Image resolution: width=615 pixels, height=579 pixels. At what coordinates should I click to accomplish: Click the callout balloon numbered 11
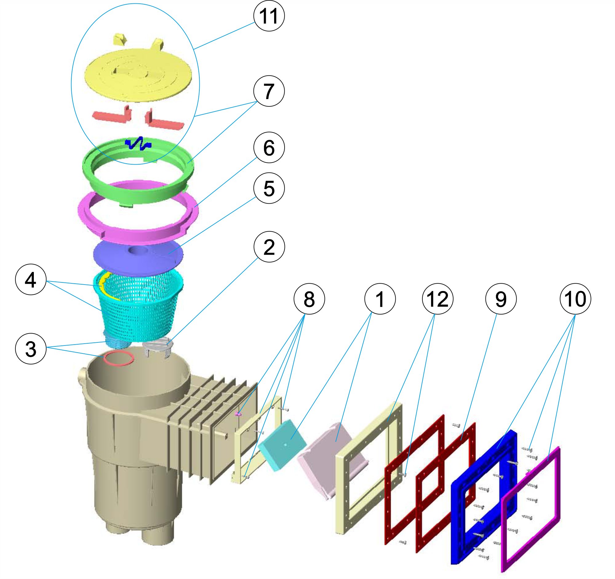pyautogui.click(x=269, y=16)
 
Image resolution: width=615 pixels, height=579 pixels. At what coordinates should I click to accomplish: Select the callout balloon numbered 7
pyautogui.click(x=269, y=91)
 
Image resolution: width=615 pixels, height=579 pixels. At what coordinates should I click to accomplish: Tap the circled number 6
pyautogui.click(x=269, y=148)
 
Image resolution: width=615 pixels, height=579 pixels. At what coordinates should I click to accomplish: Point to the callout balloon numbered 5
pyautogui.click(x=269, y=188)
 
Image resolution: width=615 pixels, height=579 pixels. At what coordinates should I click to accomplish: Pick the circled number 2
pyautogui.click(x=269, y=247)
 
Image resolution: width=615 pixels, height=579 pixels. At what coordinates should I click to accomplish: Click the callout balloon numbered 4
pyautogui.click(x=31, y=280)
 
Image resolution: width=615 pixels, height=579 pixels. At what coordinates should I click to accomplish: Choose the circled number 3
pyautogui.click(x=31, y=349)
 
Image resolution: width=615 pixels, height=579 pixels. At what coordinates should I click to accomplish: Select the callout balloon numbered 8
pyautogui.click(x=309, y=299)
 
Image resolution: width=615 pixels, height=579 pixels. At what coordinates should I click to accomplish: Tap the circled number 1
pyautogui.click(x=380, y=299)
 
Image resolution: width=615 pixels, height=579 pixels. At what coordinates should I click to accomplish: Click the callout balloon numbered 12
pyautogui.click(x=437, y=299)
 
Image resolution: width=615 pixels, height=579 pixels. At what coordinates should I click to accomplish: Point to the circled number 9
pyautogui.click(x=501, y=299)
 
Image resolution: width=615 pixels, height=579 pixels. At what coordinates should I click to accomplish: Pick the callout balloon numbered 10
pyautogui.click(x=575, y=299)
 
